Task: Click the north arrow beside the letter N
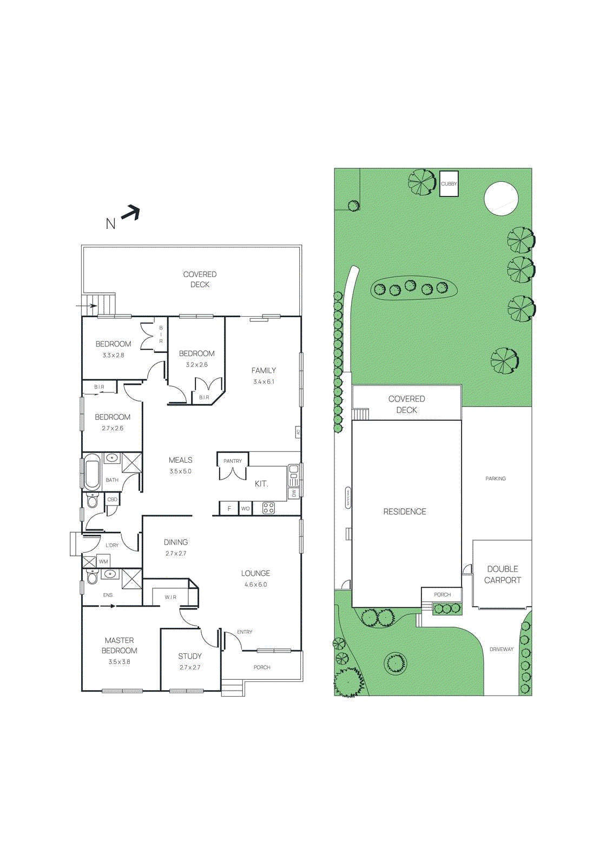130,213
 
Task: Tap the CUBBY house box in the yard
449,183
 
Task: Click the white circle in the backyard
501,199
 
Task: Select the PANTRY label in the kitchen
233,461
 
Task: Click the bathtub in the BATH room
92,473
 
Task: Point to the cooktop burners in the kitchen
268,508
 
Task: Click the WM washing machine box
103,562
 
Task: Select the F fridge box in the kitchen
229,508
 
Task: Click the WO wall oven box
245,508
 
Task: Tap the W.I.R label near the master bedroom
170,597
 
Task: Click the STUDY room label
190,656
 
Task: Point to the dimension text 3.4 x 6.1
264,382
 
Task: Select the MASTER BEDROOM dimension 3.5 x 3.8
119,661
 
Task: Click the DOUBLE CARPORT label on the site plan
502,574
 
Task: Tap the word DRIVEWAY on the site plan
502,649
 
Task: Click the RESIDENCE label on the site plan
405,511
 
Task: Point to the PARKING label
496,478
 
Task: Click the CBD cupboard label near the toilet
112,499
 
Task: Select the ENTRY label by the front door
245,632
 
